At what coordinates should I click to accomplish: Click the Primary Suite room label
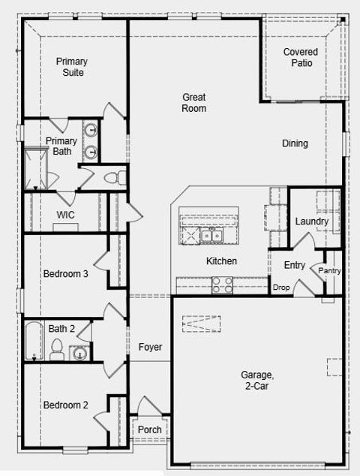(x=71, y=67)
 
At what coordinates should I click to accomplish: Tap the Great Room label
(x=193, y=102)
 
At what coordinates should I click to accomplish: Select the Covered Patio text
(x=300, y=57)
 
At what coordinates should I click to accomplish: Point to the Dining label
(x=295, y=143)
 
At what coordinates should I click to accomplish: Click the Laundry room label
(x=311, y=221)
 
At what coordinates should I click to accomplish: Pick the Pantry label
(x=330, y=270)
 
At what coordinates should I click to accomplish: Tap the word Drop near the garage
(x=281, y=288)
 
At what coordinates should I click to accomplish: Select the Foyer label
(x=151, y=347)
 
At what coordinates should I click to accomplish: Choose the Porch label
(x=150, y=429)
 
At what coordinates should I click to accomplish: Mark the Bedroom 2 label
(x=65, y=405)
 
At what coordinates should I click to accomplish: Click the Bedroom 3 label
(x=65, y=274)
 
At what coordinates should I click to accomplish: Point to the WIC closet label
(x=66, y=215)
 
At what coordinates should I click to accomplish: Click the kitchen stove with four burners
(x=223, y=285)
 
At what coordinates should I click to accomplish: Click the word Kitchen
(x=222, y=261)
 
